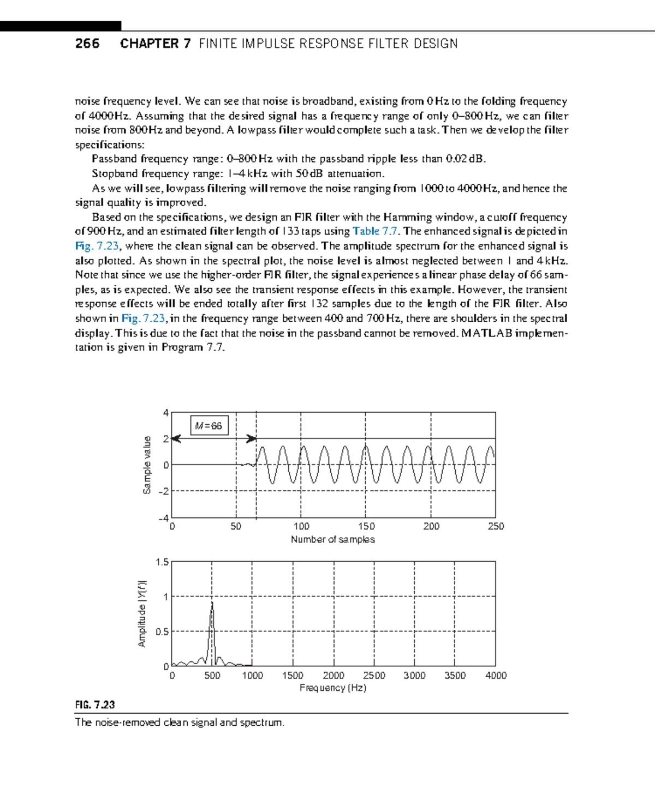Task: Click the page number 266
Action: click(87, 44)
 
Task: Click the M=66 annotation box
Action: click(209, 426)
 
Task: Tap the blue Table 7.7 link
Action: click(375, 231)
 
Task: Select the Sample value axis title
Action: click(146, 465)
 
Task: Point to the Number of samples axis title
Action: click(332, 539)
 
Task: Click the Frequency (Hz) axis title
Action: click(332, 688)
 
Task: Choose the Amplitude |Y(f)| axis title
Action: click(142, 613)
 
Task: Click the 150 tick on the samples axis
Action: click(366, 526)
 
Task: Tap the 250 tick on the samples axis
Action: click(496, 526)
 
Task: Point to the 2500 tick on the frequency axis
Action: click(374, 676)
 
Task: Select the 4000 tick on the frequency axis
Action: click(496, 676)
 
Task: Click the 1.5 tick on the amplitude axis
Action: click(162, 562)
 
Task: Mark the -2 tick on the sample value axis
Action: click(163, 491)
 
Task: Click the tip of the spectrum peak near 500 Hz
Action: click(212, 602)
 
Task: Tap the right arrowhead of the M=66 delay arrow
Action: click(252, 438)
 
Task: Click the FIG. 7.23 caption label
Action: click(95, 704)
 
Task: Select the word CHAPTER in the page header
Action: click(149, 44)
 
